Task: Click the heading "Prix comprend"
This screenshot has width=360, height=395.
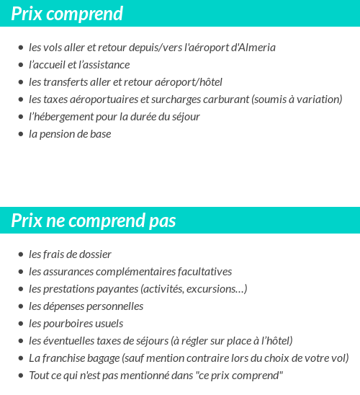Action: click(67, 14)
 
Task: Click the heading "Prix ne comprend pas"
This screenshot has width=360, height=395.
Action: click(94, 221)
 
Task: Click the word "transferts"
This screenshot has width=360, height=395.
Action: click(70, 82)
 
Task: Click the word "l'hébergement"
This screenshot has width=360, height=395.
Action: click(62, 117)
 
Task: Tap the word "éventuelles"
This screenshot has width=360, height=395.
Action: click(73, 341)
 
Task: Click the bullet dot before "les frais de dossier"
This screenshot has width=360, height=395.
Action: click(21, 254)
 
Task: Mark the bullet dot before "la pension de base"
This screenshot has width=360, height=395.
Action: click(21, 134)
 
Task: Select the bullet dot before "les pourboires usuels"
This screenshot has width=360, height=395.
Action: click(21, 324)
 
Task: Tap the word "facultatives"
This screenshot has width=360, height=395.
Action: click(204, 272)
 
